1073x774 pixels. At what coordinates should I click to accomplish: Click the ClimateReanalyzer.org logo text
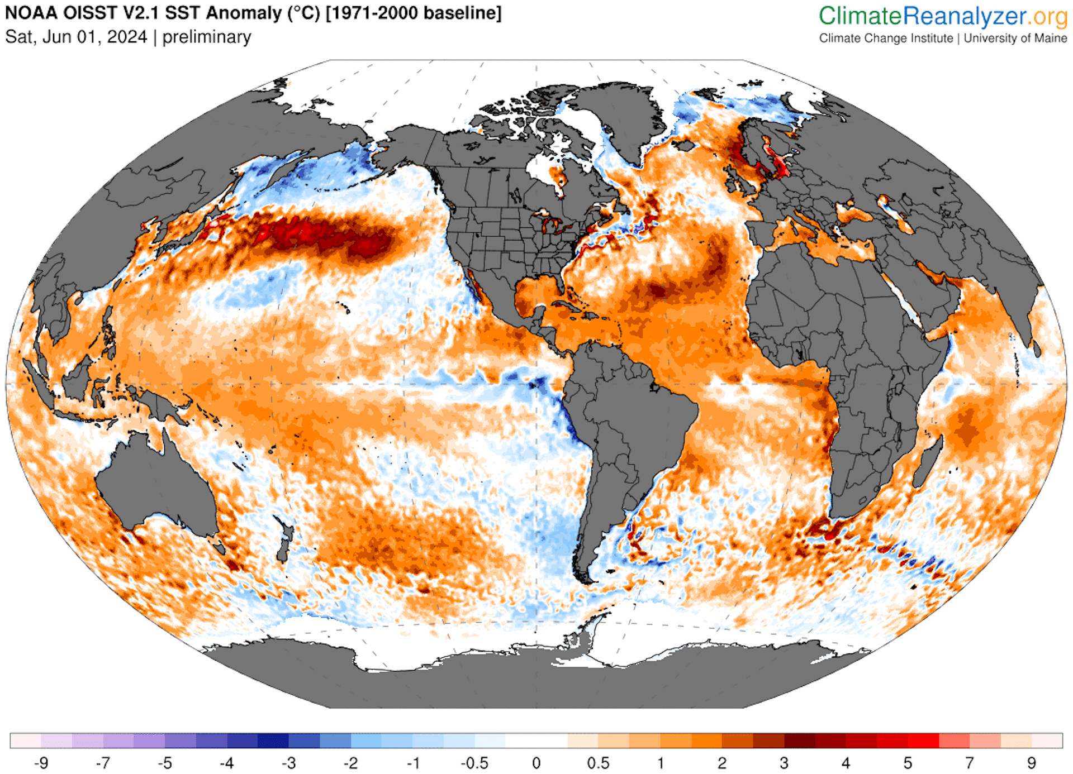point(943,16)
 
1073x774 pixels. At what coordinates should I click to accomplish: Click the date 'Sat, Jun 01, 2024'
point(76,37)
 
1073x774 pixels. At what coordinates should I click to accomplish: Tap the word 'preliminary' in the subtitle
point(206,37)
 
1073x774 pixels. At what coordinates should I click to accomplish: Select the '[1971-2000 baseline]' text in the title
point(413,12)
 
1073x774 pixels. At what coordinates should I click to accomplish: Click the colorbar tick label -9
point(40,763)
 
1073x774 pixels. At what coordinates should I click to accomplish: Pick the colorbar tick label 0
point(536,763)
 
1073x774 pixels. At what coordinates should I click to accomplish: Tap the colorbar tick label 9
point(1031,763)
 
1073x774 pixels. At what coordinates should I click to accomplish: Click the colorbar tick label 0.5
point(598,763)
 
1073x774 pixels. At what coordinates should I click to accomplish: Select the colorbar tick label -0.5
point(474,763)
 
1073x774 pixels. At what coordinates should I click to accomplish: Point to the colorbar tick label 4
point(846,763)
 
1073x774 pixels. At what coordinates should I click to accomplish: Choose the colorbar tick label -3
point(288,763)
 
